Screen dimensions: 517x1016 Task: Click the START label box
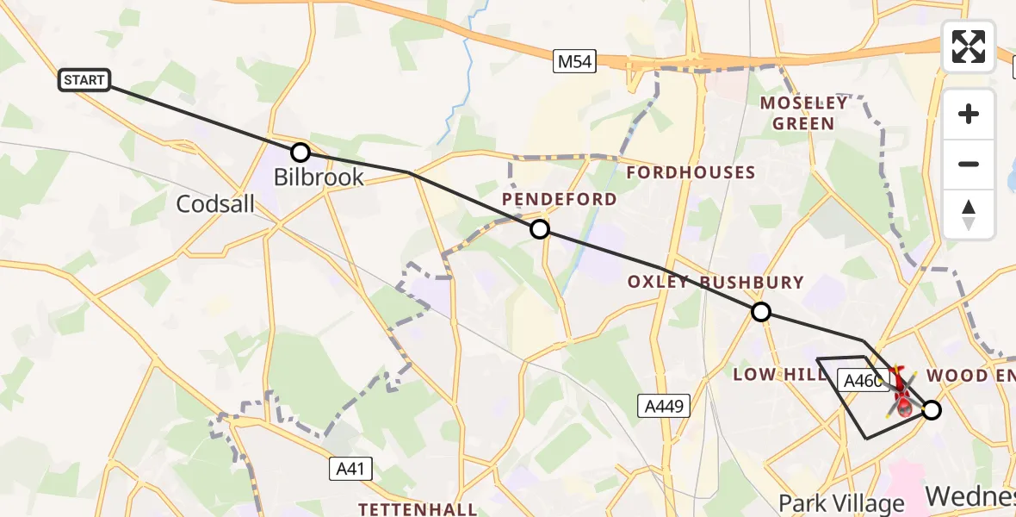84,80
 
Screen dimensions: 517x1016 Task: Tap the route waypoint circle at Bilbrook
300,153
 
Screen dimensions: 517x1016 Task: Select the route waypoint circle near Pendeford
540,229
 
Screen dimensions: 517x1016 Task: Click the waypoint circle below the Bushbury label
761,312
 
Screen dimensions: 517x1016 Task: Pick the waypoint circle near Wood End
932,410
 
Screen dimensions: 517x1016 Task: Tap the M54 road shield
574,61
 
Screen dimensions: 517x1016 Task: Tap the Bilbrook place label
319,178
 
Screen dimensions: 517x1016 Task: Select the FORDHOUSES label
691,172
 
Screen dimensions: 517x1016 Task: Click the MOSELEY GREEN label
803,113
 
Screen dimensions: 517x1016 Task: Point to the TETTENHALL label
418,508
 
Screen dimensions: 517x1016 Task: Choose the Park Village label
841,502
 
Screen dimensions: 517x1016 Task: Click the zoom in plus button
969,114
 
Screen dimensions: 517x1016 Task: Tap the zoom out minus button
969,164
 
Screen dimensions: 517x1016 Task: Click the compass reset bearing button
969,214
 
